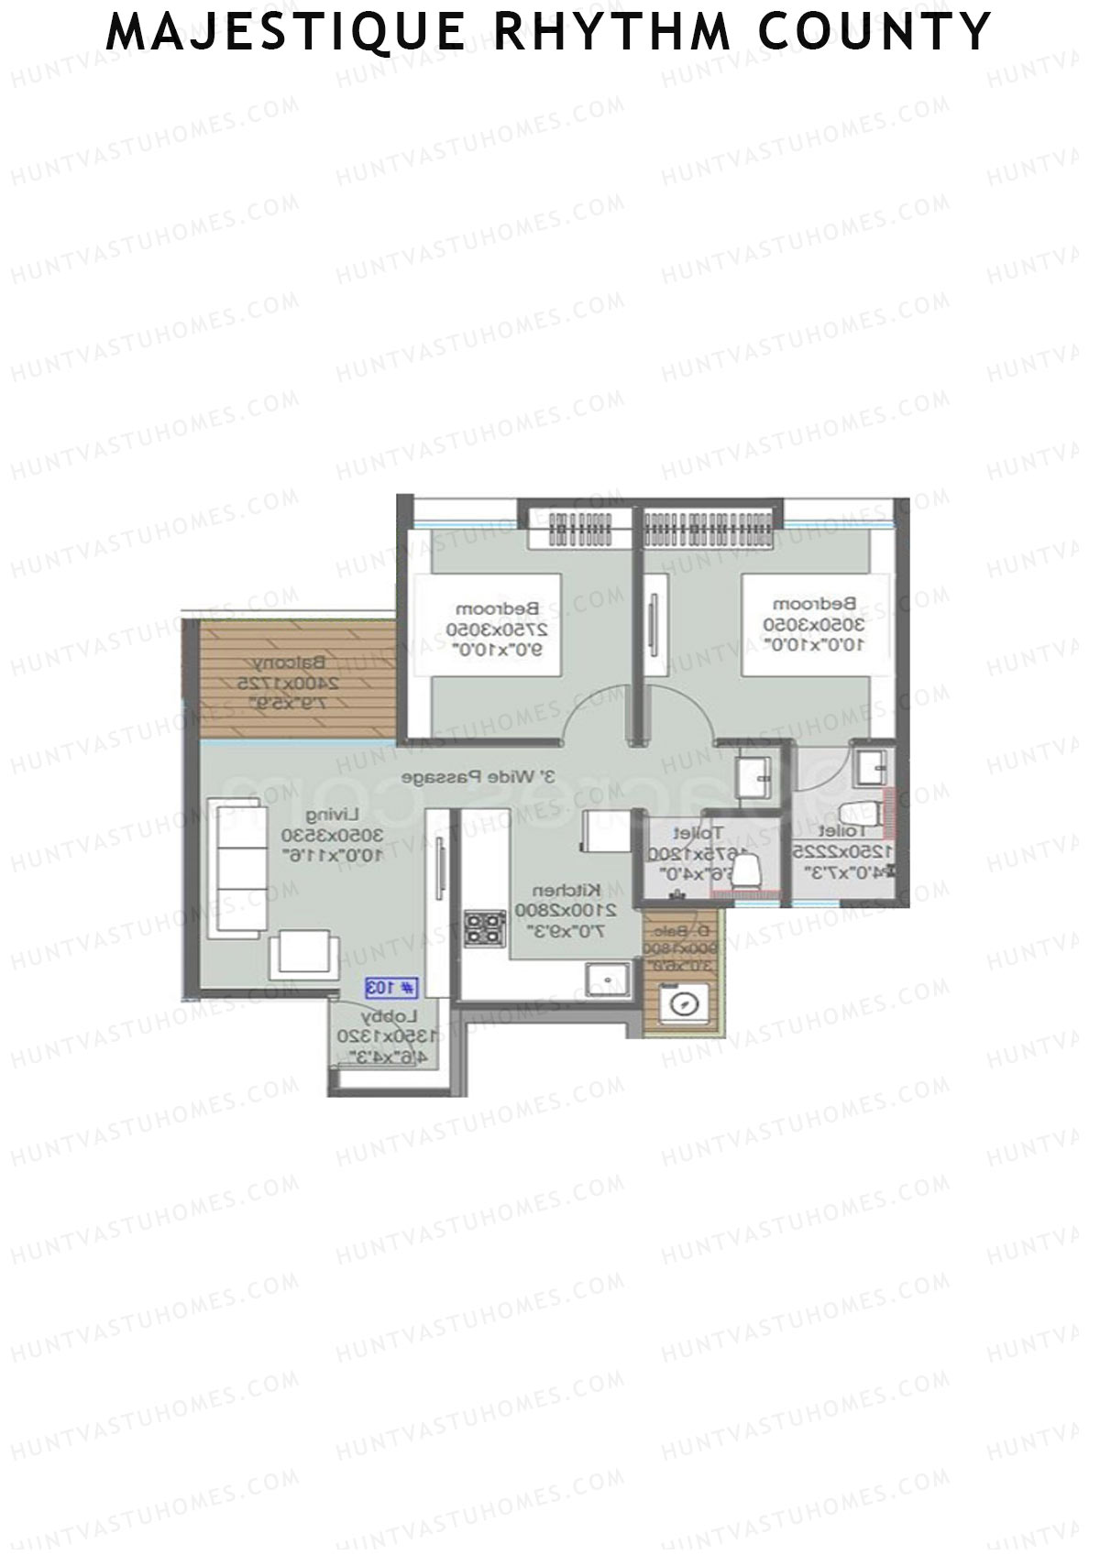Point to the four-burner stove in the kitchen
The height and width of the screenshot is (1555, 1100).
tap(484, 927)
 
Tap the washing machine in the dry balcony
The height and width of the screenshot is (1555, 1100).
tap(681, 1002)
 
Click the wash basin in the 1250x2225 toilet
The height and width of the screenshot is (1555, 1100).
tap(869, 765)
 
